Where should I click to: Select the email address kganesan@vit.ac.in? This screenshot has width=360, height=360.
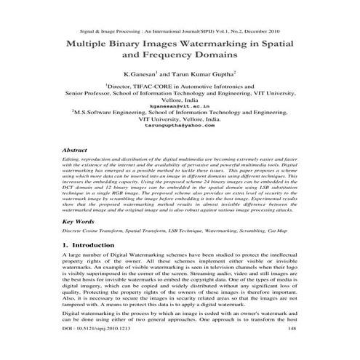180,105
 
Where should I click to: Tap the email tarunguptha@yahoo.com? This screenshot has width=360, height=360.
180,126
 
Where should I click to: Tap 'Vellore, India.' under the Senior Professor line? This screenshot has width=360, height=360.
180,100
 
